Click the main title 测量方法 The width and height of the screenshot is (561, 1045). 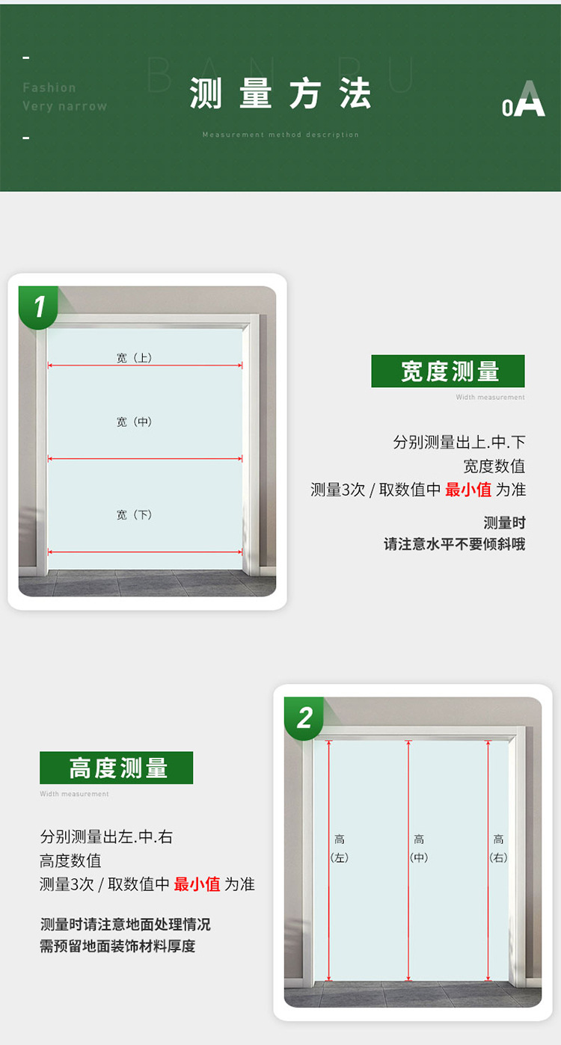coord(280,95)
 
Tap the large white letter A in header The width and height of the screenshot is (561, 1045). coord(530,99)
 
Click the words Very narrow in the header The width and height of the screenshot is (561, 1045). coord(64,106)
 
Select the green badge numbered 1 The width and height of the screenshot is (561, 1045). coord(39,306)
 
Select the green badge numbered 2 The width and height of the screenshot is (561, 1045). coord(304,718)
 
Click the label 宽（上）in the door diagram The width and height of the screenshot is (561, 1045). coord(135,358)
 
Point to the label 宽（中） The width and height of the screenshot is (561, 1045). coord(135,422)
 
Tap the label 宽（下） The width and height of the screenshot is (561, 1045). coord(135,515)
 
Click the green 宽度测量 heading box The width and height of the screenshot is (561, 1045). coord(448,372)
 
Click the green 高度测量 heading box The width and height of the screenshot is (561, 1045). coord(117,768)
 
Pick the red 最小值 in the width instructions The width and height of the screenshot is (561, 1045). coord(468,490)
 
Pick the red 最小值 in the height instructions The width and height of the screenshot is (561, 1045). coord(197,884)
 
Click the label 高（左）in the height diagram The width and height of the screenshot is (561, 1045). coord(340,848)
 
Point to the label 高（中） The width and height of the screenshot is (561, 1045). coord(419,848)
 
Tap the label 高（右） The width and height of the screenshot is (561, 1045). coord(498,848)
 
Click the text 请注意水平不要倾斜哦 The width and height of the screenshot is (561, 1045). coord(455,544)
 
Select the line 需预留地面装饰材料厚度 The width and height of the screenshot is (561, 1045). coord(117,946)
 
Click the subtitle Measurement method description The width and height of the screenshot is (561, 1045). coord(280,135)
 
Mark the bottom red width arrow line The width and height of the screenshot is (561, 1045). coord(145,552)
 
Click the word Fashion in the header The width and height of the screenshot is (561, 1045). coord(49,87)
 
